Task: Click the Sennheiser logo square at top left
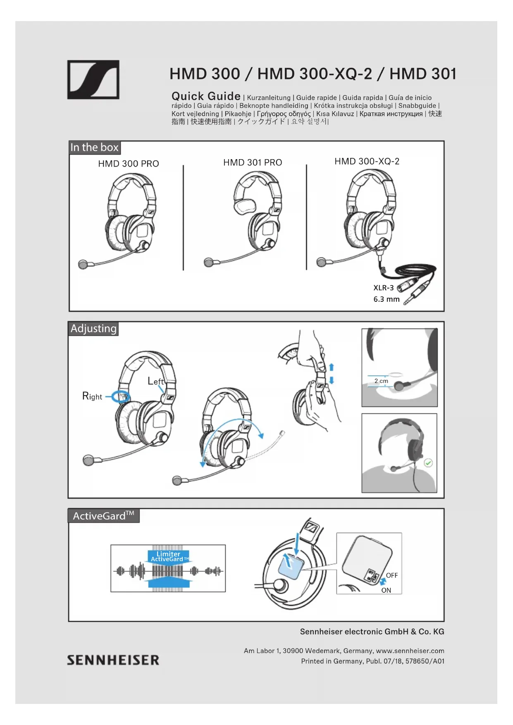[x=93, y=80]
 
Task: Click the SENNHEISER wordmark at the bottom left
[x=113, y=660]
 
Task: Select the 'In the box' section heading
[x=95, y=148]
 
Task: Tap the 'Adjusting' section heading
[x=93, y=329]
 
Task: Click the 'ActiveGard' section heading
[x=103, y=516]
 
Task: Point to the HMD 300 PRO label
[x=129, y=164]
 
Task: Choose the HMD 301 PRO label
[x=253, y=162]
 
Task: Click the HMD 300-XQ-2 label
[x=367, y=161]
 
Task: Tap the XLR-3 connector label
[x=383, y=288]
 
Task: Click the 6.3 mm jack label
[x=387, y=299]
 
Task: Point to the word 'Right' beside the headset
[x=92, y=396]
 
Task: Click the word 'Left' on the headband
[x=155, y=381]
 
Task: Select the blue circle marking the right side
[x=122, y=397]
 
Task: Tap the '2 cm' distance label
[x=381, y=381]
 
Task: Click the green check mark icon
[x=428, y=463]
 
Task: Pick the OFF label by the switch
[x=391, y=575]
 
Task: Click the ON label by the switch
[x=386, y=590]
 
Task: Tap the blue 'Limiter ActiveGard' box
[x=168, y=556]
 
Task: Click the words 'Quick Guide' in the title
[x=206, y=96]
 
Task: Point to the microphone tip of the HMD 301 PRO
[x=209, y=262]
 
